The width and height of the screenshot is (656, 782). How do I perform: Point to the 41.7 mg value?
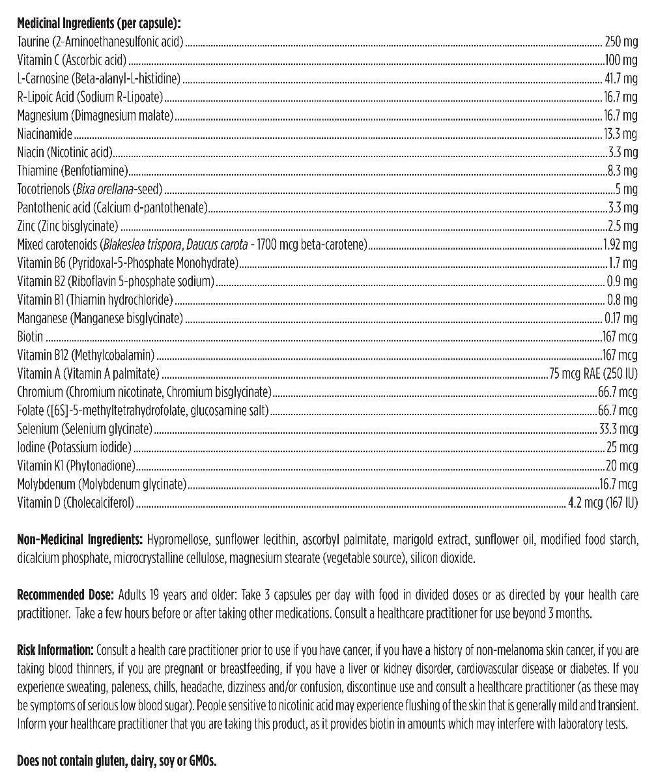tap(621, 79)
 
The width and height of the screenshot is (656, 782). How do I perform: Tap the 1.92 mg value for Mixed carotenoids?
tap(620, 245)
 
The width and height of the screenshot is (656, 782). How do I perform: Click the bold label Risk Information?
tap(55, 650)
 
